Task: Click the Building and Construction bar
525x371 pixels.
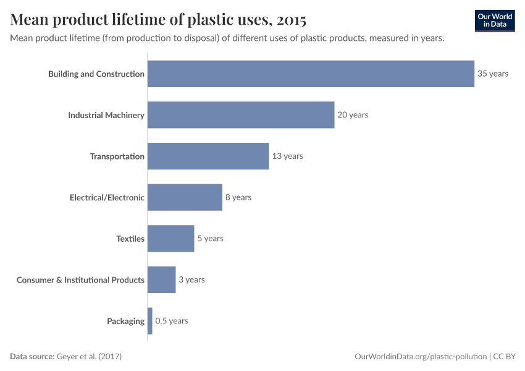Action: [311, 74]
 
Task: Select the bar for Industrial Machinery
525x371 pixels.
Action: [241, 115]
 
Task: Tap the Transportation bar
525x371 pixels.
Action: [208, 156]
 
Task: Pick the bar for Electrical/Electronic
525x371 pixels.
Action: [185, 197]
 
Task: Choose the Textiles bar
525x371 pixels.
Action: [170, 239]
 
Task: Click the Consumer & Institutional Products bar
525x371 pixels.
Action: [162, 279]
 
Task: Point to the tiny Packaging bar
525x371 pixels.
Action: [150, 321]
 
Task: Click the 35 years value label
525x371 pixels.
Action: [493, 74]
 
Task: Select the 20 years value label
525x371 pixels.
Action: [353, 115]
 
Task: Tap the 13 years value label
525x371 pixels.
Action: [288, 156]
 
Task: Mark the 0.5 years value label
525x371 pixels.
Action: [172, 321]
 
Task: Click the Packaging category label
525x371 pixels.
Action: [125, 321]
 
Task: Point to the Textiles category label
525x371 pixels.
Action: [130, 239]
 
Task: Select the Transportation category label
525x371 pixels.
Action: [117, 156]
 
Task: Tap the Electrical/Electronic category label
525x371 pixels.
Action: [107, 198]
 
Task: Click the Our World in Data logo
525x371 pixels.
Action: [495, 20]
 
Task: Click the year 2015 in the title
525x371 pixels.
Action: [292, 20]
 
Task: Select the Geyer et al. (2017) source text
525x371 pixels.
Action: [93, 357]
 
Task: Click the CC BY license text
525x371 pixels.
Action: [504, 357]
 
